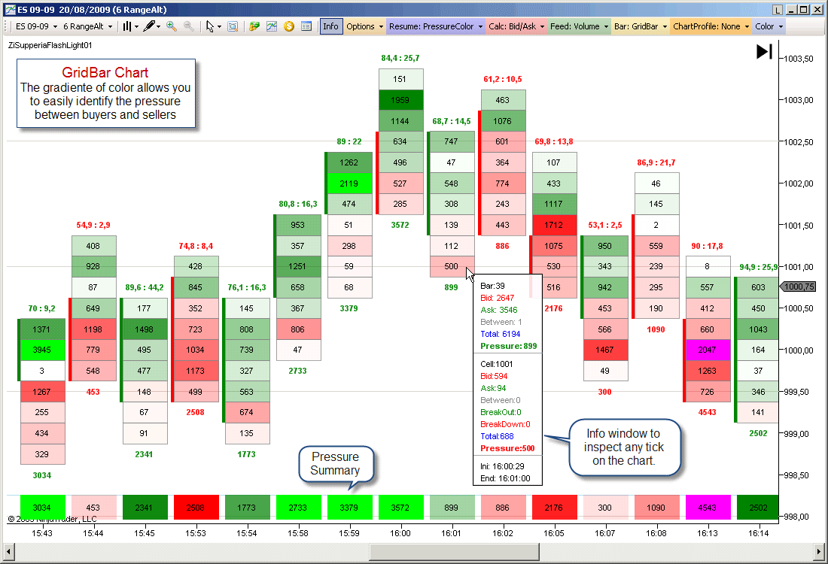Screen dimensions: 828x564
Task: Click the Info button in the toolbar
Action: click(330, 26)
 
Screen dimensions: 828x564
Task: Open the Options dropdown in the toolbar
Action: click(364, 26)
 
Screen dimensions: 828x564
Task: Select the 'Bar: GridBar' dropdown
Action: click(641, 26)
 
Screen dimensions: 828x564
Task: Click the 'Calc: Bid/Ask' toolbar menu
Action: click(516, 26)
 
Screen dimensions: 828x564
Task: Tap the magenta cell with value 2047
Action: click(707, 350)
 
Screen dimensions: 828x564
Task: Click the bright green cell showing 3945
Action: click(41, 350)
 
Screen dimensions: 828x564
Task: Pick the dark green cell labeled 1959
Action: click(400, 100)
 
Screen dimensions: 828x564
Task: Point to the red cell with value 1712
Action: click(553, 225)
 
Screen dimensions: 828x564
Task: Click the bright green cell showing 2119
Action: click(349, 183)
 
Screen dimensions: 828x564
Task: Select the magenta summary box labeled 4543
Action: click(707, 507)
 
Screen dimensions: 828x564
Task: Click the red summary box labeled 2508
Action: click(196, 507)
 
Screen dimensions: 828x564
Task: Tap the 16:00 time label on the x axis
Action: click(400, 533)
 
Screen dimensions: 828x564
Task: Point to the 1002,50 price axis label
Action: click(799, 142)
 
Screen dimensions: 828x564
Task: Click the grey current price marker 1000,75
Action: click(798, 287)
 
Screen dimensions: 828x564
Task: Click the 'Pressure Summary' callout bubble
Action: click(336, 464)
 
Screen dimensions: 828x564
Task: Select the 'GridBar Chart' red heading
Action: click(105, 72)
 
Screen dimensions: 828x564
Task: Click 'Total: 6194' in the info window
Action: click(500, 334)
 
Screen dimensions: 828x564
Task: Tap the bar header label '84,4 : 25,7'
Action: click(400, 58)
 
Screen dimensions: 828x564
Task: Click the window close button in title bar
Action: click(817, 10)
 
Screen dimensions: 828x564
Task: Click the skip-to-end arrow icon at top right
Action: click(764, 52)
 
